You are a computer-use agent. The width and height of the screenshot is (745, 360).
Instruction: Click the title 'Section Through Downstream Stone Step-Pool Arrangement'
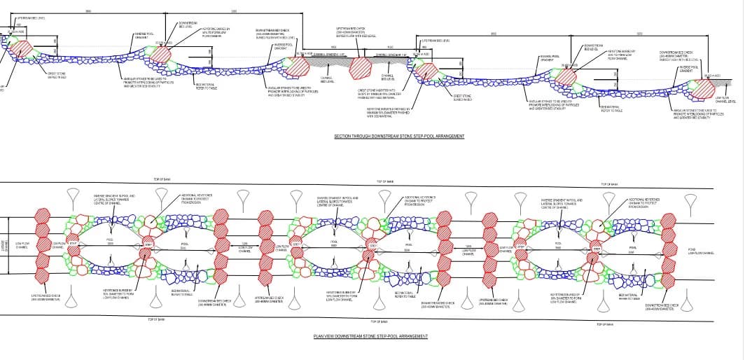[x=399, y=136]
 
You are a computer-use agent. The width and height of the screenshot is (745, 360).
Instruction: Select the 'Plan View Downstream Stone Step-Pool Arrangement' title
[x=370, y=336]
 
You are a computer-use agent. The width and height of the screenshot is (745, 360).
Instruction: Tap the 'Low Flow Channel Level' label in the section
[x=726, y=99]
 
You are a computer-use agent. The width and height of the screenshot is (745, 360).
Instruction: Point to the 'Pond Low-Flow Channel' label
[x=701, y=251]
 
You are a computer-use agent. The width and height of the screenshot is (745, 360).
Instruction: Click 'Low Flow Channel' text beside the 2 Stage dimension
[x=22, y=245]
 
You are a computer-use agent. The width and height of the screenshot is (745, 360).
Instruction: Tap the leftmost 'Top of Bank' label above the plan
[x=155, y=180]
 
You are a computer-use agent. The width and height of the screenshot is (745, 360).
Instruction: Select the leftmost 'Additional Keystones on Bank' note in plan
[x=197, y=199]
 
